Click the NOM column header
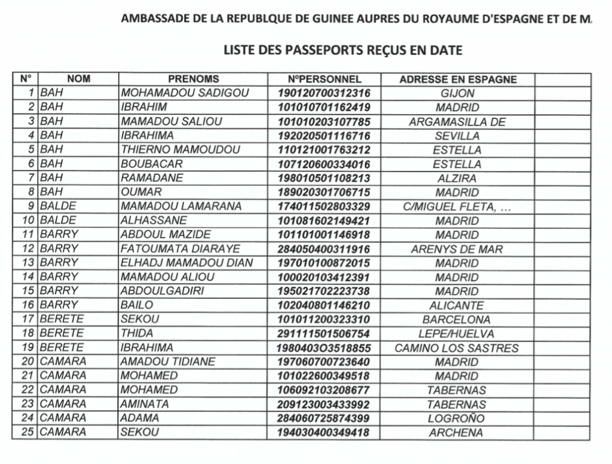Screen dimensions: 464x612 pos(78,79)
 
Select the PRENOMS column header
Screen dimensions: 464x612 pos(193,79)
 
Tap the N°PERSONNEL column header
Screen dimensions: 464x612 pos(324,79)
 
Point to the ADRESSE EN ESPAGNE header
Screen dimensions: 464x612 pos(458,80)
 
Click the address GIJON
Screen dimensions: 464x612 pos(457,93)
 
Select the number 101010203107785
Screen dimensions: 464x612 pos(324,122)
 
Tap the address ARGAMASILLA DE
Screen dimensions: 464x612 pos(457,122)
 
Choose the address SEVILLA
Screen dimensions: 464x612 pos(457,136)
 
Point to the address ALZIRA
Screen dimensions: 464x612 pos(457,178)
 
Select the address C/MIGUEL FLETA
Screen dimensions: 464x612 pos(457,207)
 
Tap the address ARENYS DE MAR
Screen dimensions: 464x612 pos(457,249)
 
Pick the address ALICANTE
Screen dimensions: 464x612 pos(457,306)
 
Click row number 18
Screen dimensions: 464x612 pos(27,334)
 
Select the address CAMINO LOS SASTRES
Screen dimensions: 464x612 pos(457,348)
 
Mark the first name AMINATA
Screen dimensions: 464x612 pos(145,404)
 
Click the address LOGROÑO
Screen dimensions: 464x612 pos(457,419)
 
